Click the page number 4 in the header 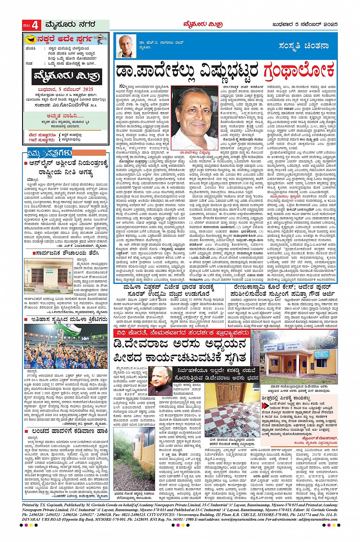tap(35, 26)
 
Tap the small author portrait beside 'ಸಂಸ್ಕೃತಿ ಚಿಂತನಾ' tap(127, 46)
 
